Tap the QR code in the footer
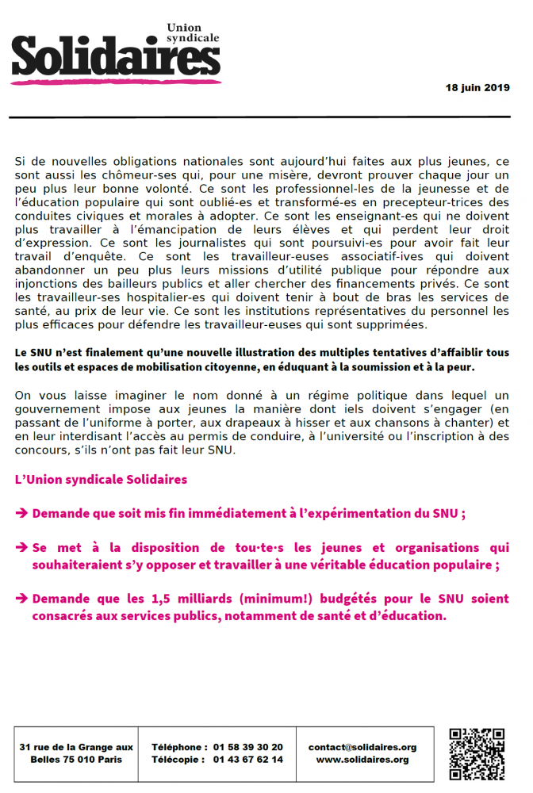tap(477, 753)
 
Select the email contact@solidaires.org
tap(362, 747)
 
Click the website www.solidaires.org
tap(362, 760)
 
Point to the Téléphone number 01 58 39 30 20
tap(247, 747)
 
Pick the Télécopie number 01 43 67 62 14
tap(247, 760)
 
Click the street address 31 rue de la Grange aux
tap(76, 747)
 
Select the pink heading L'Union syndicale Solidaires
tap(102, 480)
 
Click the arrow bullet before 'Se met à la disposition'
tap(22, 548)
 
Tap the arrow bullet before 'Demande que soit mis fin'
tap(22, 513)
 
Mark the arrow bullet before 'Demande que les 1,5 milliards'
tap(22, 599)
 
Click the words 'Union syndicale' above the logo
tap(193, 33)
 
